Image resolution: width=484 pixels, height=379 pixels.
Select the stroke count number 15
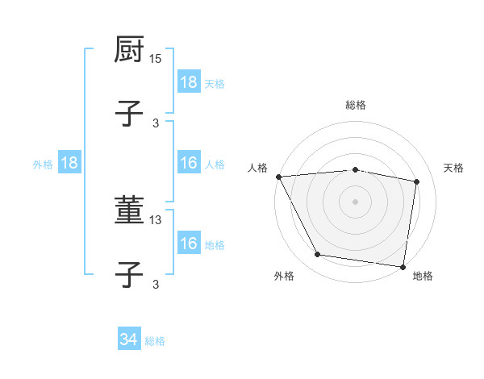tap(156, 59)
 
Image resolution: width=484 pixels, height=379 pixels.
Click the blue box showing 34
tap(129, 340)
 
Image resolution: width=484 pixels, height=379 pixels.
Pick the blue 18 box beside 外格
tap(69, 164)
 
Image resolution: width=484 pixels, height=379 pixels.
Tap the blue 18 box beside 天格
tap(189, 82)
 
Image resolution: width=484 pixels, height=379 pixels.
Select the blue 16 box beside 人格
tap(189, 164)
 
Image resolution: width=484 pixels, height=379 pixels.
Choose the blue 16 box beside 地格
tap(189, 244)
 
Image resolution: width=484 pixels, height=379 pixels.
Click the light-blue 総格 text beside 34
tap(155, 341)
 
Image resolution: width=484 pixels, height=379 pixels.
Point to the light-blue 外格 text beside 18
tap(43, 165)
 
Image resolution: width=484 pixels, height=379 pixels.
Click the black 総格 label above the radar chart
tap(356, 105)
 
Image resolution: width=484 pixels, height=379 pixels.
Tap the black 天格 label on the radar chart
tap(454, 168)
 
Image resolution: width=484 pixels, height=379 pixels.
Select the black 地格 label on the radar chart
tap(423, 276)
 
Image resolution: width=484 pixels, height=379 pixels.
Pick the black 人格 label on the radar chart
tap(257, 168)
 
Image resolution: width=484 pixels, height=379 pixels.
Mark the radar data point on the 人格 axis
tap(278, 177)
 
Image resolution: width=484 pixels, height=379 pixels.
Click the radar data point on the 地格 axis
tap(403, 266)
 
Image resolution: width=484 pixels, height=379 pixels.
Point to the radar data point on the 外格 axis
tap(318, 255)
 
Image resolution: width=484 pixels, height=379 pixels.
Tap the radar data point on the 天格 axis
tap(417, 181)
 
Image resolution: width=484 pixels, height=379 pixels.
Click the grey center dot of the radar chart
tap(356, 201)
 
